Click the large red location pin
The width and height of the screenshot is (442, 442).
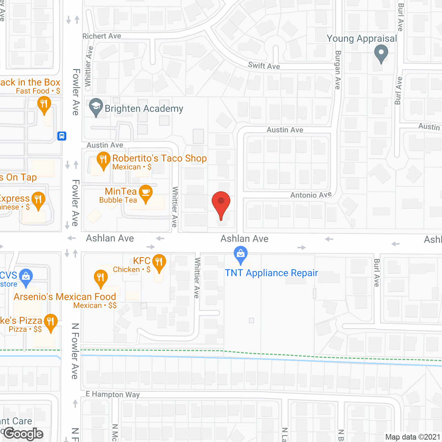click(221, 202)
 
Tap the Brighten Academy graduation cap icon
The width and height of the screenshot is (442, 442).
click(96, 106)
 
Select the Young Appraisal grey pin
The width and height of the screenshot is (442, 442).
click(381, 54)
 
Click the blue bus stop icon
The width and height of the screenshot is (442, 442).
click(62, 136)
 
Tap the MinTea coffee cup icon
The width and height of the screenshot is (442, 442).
click(146, 192)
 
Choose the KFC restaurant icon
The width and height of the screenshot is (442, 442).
click(159, 262)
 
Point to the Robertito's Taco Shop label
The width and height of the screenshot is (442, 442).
click(160, 158)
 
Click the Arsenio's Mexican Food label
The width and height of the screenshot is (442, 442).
click(65, 297)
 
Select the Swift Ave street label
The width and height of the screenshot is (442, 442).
click(264, 66)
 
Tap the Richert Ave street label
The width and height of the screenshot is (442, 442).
click(102, 36)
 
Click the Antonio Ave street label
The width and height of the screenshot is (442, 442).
click(311, 195)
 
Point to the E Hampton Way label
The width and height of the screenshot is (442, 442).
click(113, 394)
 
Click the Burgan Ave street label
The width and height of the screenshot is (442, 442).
click(338, 70)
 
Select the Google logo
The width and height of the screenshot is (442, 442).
click(23, 434)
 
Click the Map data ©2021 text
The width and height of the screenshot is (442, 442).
click(413, 437)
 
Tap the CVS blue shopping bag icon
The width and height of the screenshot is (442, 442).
click(26, 276)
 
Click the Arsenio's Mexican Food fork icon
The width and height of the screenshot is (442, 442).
click(100, 277)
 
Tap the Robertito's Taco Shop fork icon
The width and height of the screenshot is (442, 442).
click(103, 160)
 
